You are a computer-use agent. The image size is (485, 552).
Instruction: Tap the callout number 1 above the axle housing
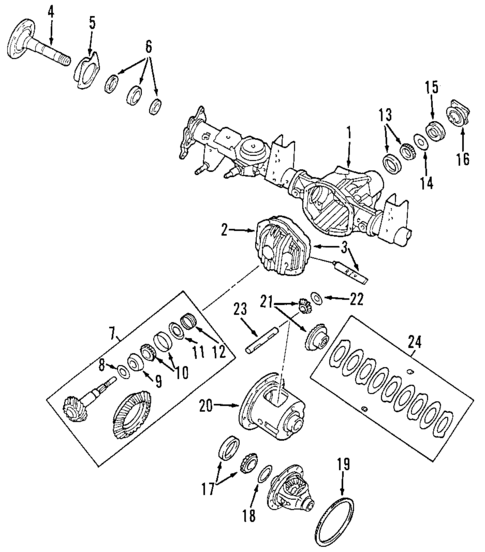(x=349, y=131)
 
